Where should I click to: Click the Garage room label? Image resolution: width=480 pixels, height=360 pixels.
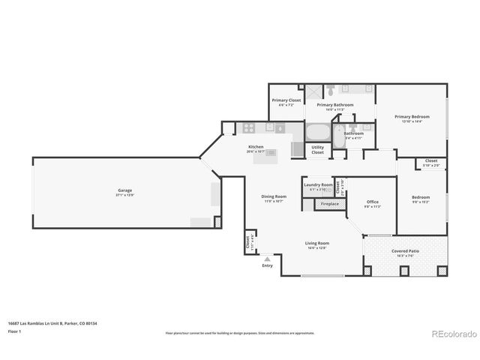(124, 190)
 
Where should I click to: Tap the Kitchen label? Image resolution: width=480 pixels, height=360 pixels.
(256, 146)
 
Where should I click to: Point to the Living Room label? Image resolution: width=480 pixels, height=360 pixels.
(316, 243)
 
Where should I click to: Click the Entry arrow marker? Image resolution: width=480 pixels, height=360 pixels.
(268, 258)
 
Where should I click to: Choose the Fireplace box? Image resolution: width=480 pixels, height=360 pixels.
(329, 204)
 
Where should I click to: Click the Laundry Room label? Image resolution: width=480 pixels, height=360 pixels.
(317, 185)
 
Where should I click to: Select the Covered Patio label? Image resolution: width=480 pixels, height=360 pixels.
(405, 251)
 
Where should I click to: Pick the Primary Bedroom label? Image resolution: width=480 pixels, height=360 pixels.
(412, 117)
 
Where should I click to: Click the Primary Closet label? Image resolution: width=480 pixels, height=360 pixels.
(286, 100)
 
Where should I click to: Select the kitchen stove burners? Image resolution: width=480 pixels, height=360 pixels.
(250, 127)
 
